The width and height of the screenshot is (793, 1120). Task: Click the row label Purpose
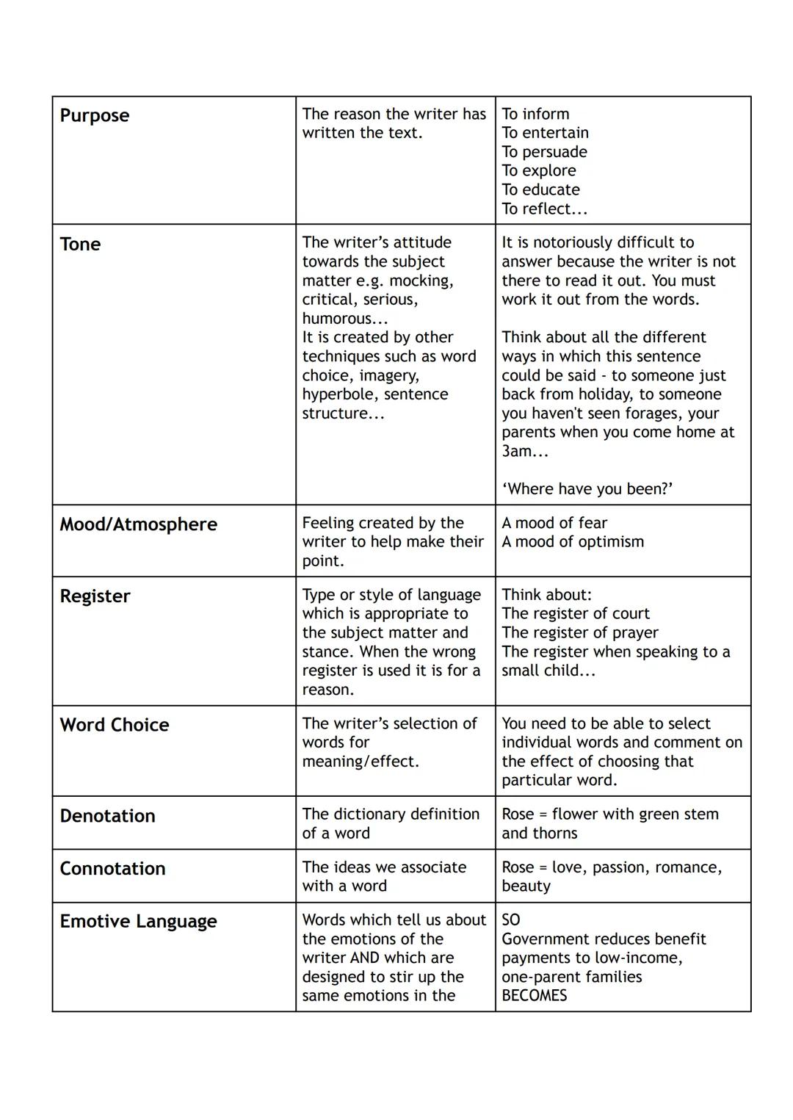[95, 116]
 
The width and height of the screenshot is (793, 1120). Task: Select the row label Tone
[80, 245]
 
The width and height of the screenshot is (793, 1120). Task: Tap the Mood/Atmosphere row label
[139, 524]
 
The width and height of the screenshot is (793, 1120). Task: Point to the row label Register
[95, 596]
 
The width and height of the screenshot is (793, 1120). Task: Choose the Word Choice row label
[115, 725]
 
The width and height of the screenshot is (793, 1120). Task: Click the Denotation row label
[107, 816]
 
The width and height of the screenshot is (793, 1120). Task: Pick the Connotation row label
[112, 869]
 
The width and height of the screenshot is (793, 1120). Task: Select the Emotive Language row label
[138, 922]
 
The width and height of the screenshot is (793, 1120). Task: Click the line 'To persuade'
[544, 152]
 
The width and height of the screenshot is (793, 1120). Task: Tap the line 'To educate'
[540, 189]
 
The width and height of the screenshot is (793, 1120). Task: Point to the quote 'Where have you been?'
[587, 489]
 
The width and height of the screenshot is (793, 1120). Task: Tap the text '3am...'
[524, 451]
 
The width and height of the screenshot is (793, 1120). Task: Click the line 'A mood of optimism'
[573, 542]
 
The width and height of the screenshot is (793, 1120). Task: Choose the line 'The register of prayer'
[580, 632]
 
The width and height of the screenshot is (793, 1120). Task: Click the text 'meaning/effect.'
[361, 762]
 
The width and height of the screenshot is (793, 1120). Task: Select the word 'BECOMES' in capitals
[535, 996]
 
